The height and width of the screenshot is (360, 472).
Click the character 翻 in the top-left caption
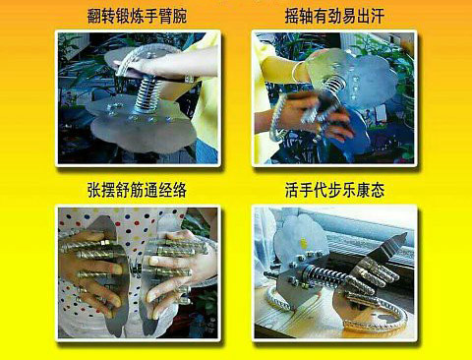pyautogui.click(x=94, y=17)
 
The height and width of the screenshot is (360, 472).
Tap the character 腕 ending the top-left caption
pyautogui.click(x=180, y=17)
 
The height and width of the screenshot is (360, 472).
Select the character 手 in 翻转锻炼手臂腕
pyautogui.click(x=151, y=17)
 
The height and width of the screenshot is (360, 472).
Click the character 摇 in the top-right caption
pyautogui.click(x=292, y=17)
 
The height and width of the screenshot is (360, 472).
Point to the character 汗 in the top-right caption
pyautogui.click(x=378, y=17)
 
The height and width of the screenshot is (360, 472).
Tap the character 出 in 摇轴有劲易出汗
pyautogui.click(x=363, y=17)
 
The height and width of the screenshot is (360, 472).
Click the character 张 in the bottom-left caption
pyautogui.click(x=94, y=190)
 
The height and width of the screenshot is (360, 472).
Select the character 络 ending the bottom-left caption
pyautogui.click(x=180, y=190)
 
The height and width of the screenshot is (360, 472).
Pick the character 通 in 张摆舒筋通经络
pyautogui.click(x=151, y=190)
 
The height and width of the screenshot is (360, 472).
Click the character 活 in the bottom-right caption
pyautogui.click(x=292, y=190)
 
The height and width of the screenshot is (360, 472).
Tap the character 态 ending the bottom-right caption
pyautogui.click(x=378, y=190)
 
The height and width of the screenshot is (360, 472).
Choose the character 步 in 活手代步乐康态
pyautogui.click(x=334, y=190)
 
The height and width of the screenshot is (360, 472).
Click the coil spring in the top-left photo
pyautogui.click(x=148, y=93)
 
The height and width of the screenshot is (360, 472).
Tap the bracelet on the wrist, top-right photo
pyautogui.click(x=297, y=72)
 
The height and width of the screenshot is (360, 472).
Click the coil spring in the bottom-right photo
pyautogui.click(x=323, y=274)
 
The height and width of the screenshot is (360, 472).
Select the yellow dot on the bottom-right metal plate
pyautogui.click(x=304, y=243)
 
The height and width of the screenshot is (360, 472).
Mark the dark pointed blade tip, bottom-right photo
pyautogui.click(x=405, y=234)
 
